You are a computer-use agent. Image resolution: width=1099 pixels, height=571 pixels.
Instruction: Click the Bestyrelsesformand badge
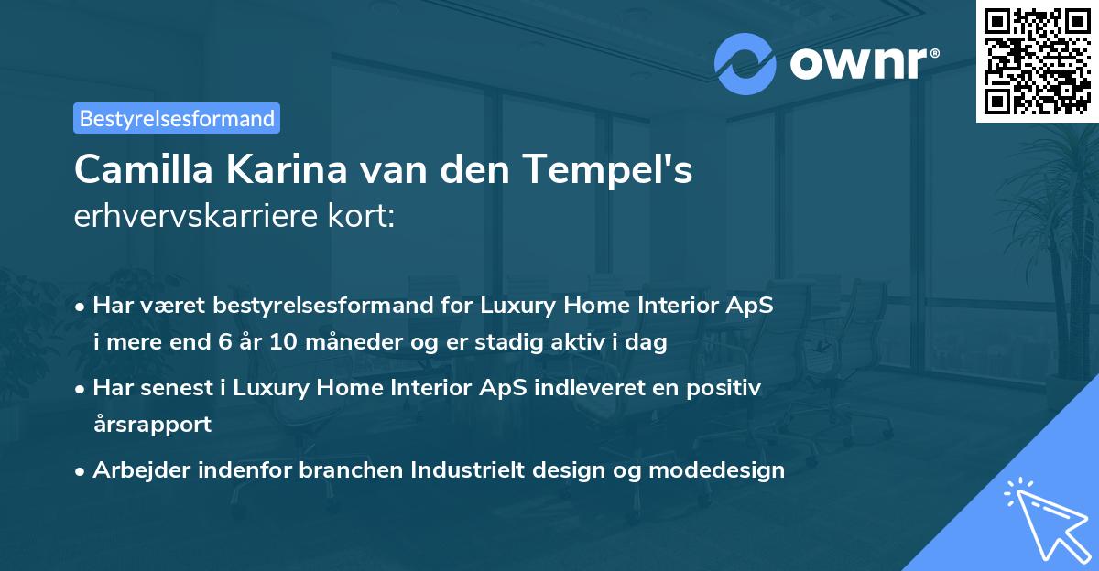[177, 118]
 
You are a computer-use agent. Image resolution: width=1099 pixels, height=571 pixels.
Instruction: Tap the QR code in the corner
[1037, 61]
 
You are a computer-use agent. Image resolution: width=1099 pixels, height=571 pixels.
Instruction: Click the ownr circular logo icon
[745, 64]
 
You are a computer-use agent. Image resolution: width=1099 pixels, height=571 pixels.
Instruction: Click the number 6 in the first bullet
[223, 343]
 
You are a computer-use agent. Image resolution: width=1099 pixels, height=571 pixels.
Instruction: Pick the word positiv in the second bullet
[725, 388]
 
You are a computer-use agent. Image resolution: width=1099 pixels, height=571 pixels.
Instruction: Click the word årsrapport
[152, 425]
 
